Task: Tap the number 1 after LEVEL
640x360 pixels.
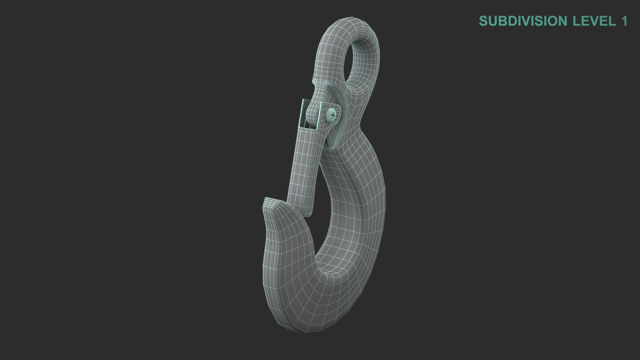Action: (x=623, y=21)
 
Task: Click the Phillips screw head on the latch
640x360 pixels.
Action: (x=332, y=115)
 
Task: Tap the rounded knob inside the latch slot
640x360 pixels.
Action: (x=312, y=112)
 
